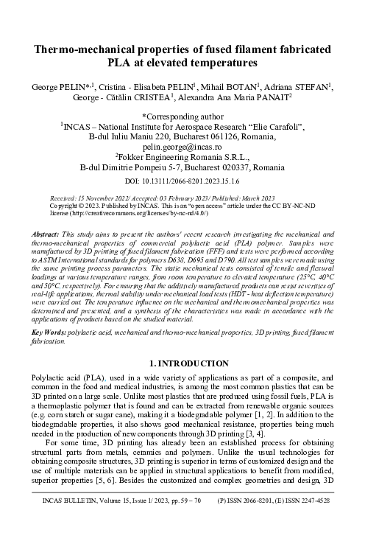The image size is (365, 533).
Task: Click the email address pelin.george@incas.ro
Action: coord(182,147)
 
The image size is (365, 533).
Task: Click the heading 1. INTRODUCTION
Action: coord(182,363)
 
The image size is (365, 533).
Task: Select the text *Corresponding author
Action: coord(182,116)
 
